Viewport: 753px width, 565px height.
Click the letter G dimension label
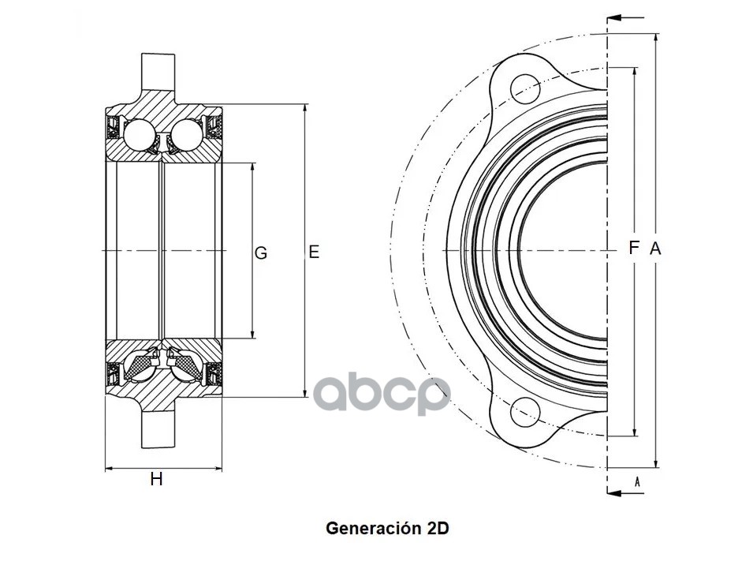click(x=261, y=253)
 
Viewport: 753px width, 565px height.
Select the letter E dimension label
click(x=314, y=252)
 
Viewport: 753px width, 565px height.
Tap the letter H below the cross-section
click(x=156, y=479)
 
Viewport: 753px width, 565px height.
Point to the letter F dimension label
click(x=633, y=248)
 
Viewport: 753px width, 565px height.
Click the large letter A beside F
click(x=654, y=249)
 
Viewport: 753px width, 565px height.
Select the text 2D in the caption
click(x=437, y=528)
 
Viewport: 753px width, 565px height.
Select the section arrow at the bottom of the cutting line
click(x=627, y=492)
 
